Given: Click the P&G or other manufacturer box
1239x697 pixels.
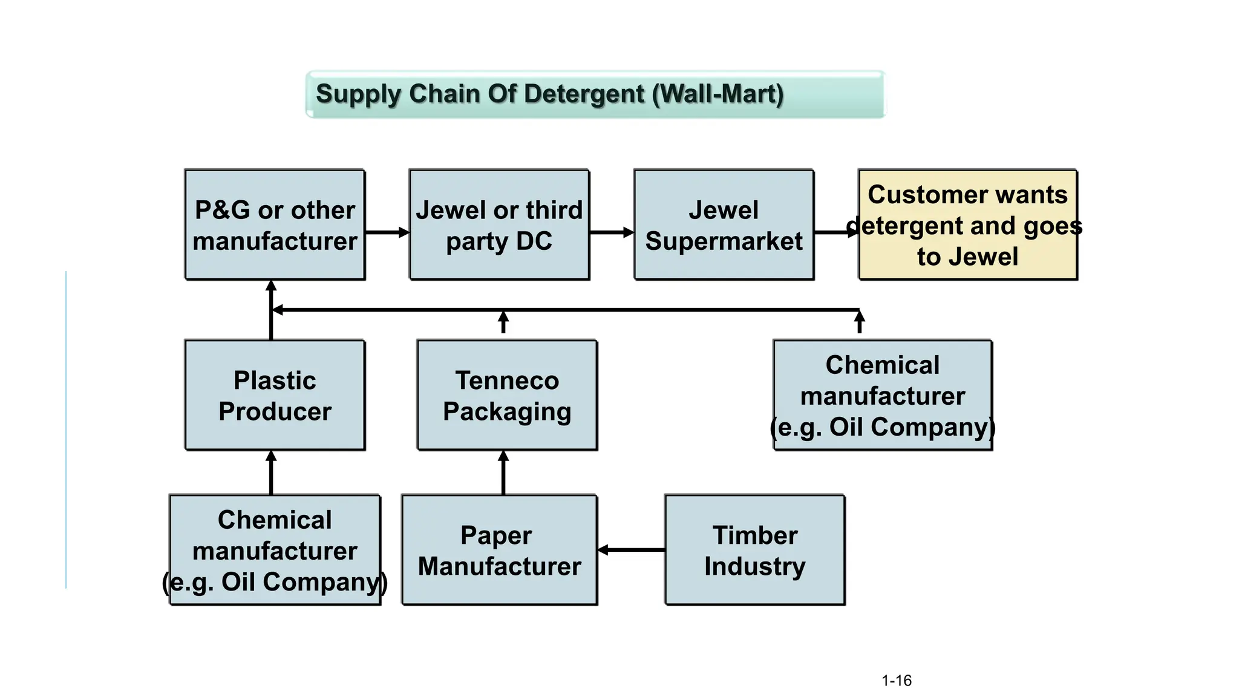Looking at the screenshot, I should click(x=275, y=224).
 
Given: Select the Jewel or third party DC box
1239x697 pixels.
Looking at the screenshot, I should click(x=499, y=224).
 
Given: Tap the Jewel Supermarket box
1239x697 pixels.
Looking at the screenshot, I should click(x=724, y=224).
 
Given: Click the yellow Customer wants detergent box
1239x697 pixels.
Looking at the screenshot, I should click(x=967, y=224).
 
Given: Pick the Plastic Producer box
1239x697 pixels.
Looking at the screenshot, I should click(x=275, y=395).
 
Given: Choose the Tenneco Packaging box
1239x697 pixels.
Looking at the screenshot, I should click(x=507, y=395).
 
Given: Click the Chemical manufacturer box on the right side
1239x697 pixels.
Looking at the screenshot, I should click(x=883, y=395).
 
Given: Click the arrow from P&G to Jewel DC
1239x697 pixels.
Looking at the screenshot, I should click(x=387, y=232).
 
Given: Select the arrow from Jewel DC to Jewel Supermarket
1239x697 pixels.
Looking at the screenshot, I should click(x=612, y=232).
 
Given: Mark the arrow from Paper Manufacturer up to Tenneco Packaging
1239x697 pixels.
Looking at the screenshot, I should click(x=503, y=473).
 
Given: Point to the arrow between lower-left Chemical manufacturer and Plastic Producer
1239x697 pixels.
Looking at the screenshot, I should click(x=271, y=473).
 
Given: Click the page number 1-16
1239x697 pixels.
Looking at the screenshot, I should click(x=896, y=681).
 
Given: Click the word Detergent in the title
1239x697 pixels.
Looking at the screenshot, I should click(x=584, y=94).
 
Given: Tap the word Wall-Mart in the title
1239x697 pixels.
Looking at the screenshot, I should click(x=718, y=94).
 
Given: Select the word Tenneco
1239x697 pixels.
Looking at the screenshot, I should click(x=507, y=381).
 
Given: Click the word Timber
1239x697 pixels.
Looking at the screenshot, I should click(x=754, y=535).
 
